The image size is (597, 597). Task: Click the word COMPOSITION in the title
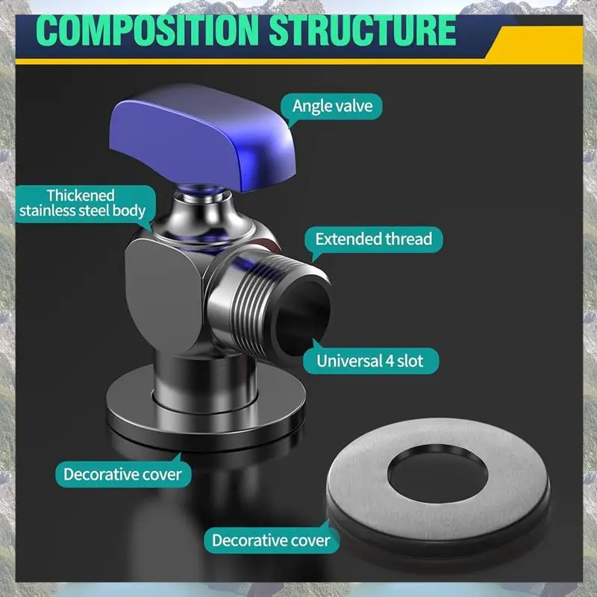147,31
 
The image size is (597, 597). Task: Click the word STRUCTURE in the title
363,31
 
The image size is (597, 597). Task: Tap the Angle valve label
332,106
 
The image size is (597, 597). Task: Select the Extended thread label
374,240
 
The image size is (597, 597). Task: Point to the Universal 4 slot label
370,360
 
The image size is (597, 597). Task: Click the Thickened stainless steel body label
83,204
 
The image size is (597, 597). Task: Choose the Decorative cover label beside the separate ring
271,540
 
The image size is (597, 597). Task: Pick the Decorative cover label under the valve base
122,475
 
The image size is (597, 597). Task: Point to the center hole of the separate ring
437,474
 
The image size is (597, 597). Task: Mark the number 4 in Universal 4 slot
389,361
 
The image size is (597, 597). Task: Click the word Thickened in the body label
81,196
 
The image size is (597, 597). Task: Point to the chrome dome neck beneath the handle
204,217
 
